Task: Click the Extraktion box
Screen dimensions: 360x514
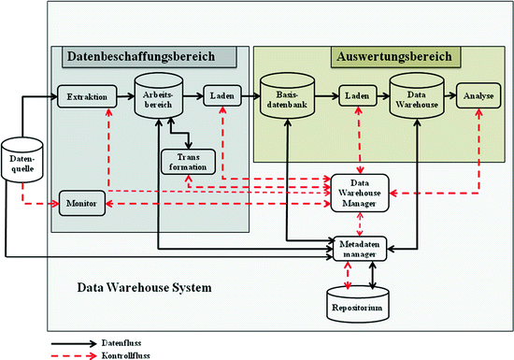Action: click(x=81, y=95)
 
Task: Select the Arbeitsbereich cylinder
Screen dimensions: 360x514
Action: click(x=156, y=98)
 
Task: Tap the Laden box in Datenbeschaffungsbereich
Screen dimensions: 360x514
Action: click(x=221, y=95)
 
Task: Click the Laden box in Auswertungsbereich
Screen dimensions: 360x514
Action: click(x=356, y=95)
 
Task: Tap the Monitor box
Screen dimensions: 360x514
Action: click(x=81, y=202)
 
